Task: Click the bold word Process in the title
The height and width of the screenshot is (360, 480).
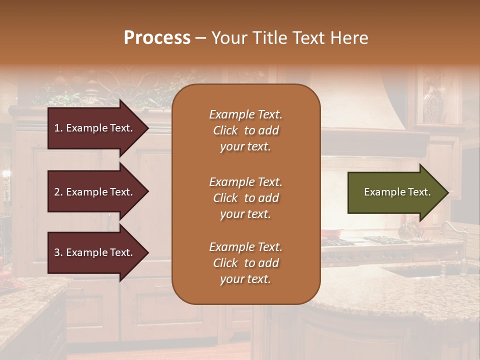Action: pyautogui.click(x=157, y=38)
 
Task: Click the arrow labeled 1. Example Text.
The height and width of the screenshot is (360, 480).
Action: pyautogui.click(x=95, y=128)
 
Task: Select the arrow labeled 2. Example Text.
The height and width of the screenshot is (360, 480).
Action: pyautogui.click(x=95, y=192)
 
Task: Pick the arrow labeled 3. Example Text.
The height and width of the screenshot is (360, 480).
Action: pyautogui.click(x=95, y=252)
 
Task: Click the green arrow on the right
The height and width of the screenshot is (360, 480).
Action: pyautogui.click(x=395, y=192)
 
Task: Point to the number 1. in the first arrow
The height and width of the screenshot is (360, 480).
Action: pyautogui.click(x=58, y=128)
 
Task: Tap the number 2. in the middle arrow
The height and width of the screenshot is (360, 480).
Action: pyautogui.click(x=58, y=192)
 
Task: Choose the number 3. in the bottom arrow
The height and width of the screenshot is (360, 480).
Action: pyautogui.click(x=58, y=252)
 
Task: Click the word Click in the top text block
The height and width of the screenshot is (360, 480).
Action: pyautogui.click(x=225, y=131)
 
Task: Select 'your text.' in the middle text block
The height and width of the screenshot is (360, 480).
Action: pyautogui.click(x=245, y=214)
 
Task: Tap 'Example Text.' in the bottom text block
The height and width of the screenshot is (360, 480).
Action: pyautogui.click(x=245, y=247)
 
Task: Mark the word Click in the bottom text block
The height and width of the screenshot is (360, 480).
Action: pyautogui.click(x=225, y=263)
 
